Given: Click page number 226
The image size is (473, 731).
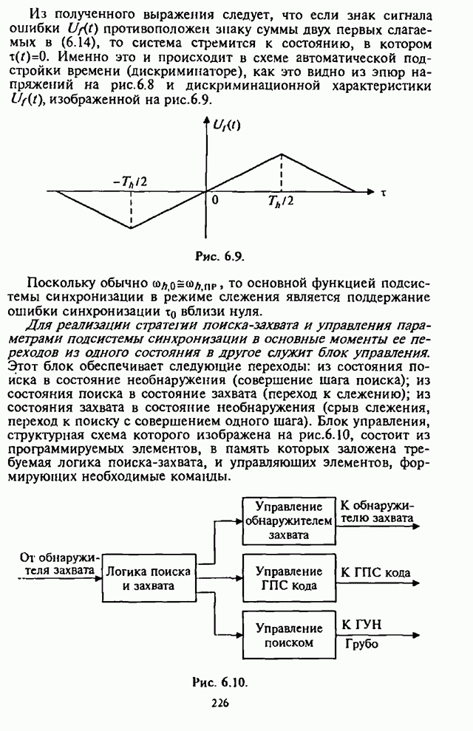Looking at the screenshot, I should coord(220,702).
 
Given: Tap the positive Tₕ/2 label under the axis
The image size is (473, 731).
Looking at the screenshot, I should coord(283,205).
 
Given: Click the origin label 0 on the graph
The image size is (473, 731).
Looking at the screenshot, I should coord(215,200).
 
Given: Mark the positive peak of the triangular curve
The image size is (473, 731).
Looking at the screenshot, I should coord(282,154).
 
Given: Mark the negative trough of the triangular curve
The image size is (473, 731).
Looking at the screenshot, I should coord(131,228).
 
